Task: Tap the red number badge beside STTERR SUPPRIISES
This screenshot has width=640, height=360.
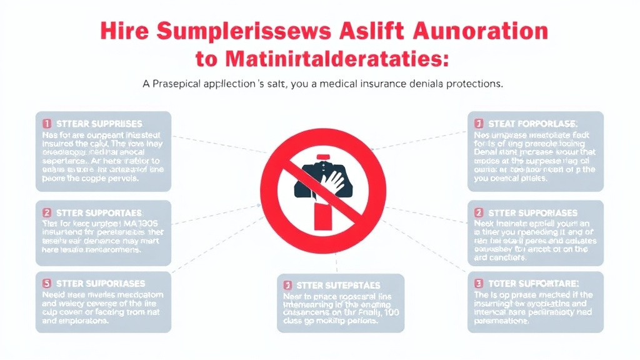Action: [47, 124]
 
